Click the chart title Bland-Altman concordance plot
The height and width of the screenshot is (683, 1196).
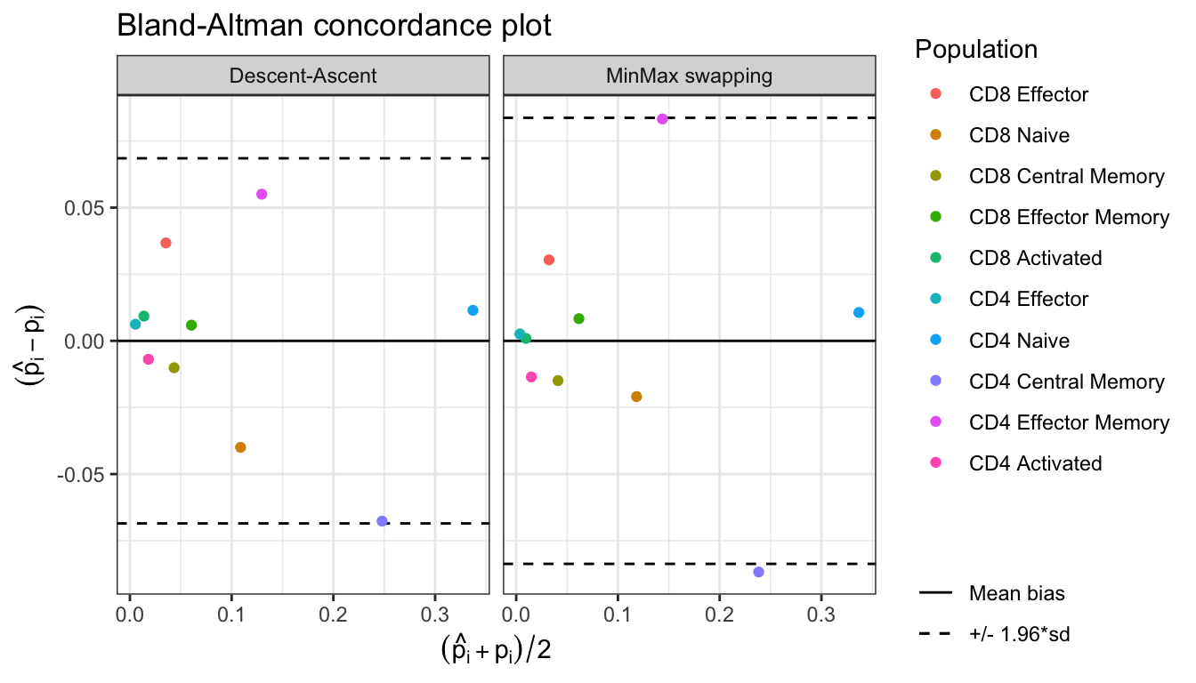point(335,27)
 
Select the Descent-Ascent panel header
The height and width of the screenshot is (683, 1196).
point(303,76)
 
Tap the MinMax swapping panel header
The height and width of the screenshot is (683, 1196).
point(690,76)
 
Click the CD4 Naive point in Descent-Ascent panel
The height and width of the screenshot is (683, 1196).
point(473,310)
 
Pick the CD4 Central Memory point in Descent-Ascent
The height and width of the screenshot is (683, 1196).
point(382,521)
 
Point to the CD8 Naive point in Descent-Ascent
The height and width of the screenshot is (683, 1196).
point(240,447)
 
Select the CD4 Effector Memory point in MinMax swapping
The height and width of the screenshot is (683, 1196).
point(662,119)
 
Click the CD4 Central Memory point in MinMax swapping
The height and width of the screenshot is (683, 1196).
point(758,572)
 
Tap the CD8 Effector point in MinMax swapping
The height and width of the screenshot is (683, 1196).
point(549,260)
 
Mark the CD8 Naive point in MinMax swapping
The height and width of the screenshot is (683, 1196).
point(636,397)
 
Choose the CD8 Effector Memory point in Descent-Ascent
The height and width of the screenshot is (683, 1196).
point(191,325)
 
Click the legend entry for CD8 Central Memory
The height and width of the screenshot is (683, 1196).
point(1066,176)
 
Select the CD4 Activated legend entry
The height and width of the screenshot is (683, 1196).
point(1035,463)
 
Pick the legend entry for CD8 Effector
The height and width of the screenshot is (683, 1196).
point(1029,94)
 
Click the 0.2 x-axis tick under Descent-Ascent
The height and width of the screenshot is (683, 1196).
point(333,613)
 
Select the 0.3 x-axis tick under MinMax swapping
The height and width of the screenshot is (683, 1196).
point(820,613)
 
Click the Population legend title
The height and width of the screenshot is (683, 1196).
point(975,50)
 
